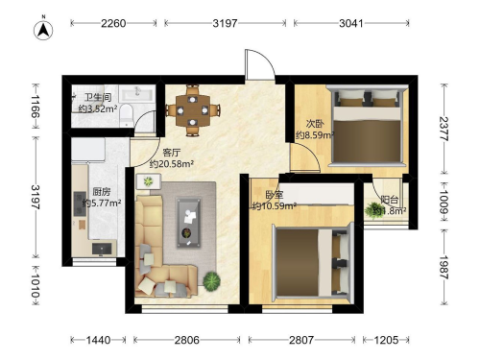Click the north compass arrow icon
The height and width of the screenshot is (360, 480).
tap(43, 30)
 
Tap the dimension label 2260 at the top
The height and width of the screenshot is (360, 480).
tap(113, 23)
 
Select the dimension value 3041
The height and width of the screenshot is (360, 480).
tap(351, 23)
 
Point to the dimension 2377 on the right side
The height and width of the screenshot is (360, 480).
tap(444, 129)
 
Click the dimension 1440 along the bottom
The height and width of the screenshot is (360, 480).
tap(98, 340)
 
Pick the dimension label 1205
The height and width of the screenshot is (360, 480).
tap(386, 340)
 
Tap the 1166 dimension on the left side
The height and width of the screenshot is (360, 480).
tap(36, 107)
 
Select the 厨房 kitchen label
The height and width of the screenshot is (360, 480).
tap(102, 192)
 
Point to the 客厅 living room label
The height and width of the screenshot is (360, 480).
tap(172, 153)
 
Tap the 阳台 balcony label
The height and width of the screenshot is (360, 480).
tap(390, 200)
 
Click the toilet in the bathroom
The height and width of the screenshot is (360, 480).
tap(127, 114)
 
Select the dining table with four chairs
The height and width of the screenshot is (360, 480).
tap(192, 110)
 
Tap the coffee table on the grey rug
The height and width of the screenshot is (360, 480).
tap(189, 223)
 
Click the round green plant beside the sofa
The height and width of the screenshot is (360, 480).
tap(211, 281)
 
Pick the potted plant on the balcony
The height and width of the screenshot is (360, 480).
tap(373, 210)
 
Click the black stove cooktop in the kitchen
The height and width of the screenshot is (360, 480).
tap(80, 204)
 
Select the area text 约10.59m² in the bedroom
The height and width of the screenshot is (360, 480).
tap(274, 205)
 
